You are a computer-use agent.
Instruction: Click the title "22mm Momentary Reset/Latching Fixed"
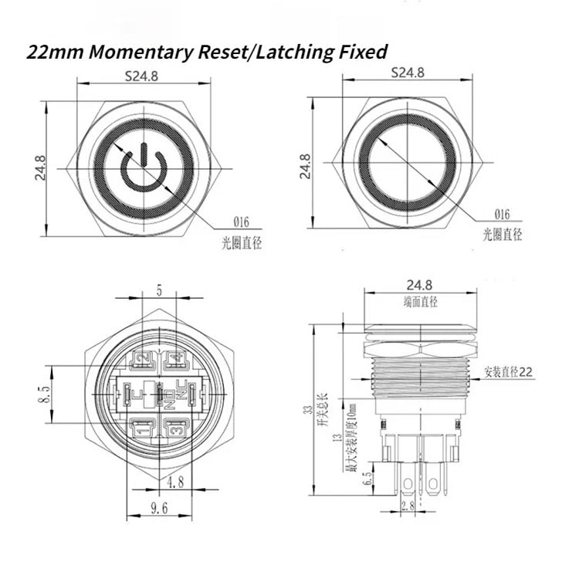click(206, 52)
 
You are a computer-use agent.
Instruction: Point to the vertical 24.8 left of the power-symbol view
click(41, 167)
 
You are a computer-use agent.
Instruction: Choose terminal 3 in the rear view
click(174, 428)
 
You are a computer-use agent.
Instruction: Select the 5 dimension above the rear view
click(159, 292)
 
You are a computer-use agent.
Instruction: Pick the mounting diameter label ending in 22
click(510, 371)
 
